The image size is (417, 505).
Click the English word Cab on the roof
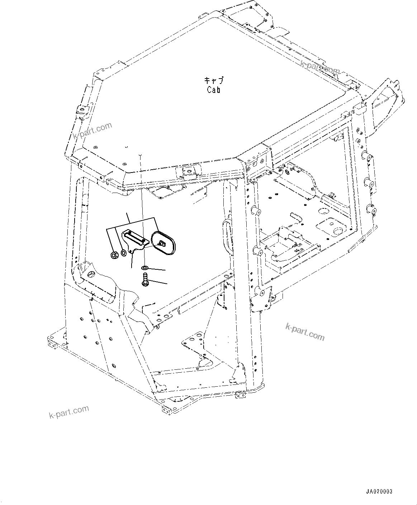(214, 90)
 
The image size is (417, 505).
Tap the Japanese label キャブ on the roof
(214, 80)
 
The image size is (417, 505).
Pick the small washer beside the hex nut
(123, 253)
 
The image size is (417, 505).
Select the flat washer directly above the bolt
(144, 268)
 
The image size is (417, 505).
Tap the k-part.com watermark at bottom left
(69, 412)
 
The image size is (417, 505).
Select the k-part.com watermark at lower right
(305, 332)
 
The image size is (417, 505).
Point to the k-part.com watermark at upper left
(92, 131)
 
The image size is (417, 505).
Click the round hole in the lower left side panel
(114, 366)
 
